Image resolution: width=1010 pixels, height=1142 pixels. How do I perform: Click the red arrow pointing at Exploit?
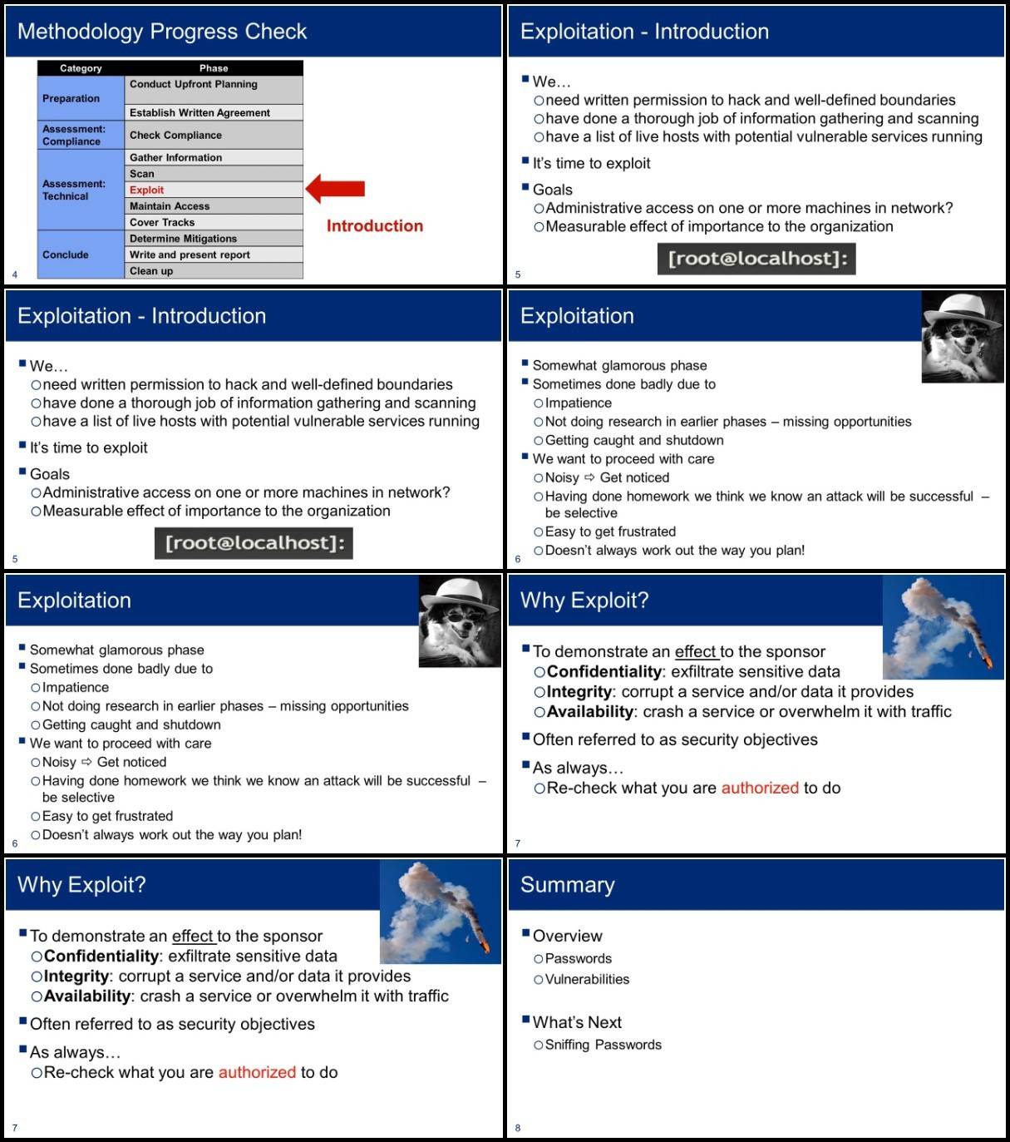pyautogui.click(x=336, y=189)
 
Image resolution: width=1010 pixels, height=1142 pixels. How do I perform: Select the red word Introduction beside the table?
pyautogui.click(x=374, y=225)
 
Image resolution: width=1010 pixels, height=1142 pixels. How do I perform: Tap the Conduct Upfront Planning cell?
pyautogui.click(x=213, y=90)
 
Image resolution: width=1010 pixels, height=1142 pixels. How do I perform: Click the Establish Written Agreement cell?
pyautogui.click(x=213, y=112)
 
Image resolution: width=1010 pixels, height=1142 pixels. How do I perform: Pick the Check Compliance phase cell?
pyautogui.click(x=213, y=135)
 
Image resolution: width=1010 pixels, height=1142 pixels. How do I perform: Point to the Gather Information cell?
pyautogui.click(x=213, y=157)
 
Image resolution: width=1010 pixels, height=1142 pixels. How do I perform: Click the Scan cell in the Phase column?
pyautogui.click(x=213, y=174)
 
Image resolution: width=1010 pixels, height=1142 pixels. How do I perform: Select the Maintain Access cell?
pyautogui.click(x=213, y=205)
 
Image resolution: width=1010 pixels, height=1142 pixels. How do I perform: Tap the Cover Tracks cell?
pyautogui.click(x=213, y=222)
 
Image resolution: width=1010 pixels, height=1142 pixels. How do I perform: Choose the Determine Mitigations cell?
pyautogui.click(x=213, y=238)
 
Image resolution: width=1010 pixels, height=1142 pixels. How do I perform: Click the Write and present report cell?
pyautogui.click(x=213, y=255)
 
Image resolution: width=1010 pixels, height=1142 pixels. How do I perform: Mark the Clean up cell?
pyautogui.click(x=213, y=270)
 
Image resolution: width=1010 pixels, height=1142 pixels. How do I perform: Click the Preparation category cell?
pyautogui.click(x=81, y=98)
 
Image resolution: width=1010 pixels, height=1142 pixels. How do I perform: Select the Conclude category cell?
pyautogui.click(x=81, y=255)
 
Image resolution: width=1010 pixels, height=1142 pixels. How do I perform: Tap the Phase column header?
pyautogui.click(x=214, y=68)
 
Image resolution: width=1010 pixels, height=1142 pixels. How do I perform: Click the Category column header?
pyautogui.click(x=81, y=68)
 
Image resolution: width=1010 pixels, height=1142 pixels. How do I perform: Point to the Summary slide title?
pyautogui.click(x=568, y=885)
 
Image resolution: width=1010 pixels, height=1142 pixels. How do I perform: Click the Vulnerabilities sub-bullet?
pyautogui.click(x=587, y=979)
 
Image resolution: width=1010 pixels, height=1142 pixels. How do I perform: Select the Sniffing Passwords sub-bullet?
pyautogui.click(x=603, y=1045)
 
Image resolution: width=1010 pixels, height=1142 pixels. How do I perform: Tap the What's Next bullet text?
pyautogui.click(x=577, y=1022)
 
